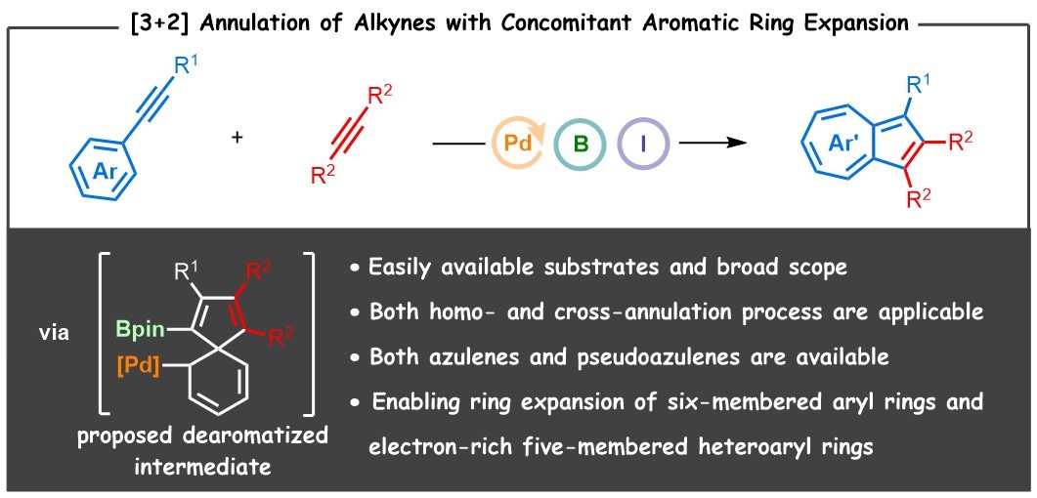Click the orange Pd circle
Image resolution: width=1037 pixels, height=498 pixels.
pyautogui.click(x=519, y=144)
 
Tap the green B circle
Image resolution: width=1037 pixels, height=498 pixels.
pyautogui.click(x=580, y=144)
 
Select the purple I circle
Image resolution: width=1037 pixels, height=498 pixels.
pyautogui.click(x=641, y=144)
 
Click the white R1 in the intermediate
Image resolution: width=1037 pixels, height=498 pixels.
pyautogui.click(x=180, y=270)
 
